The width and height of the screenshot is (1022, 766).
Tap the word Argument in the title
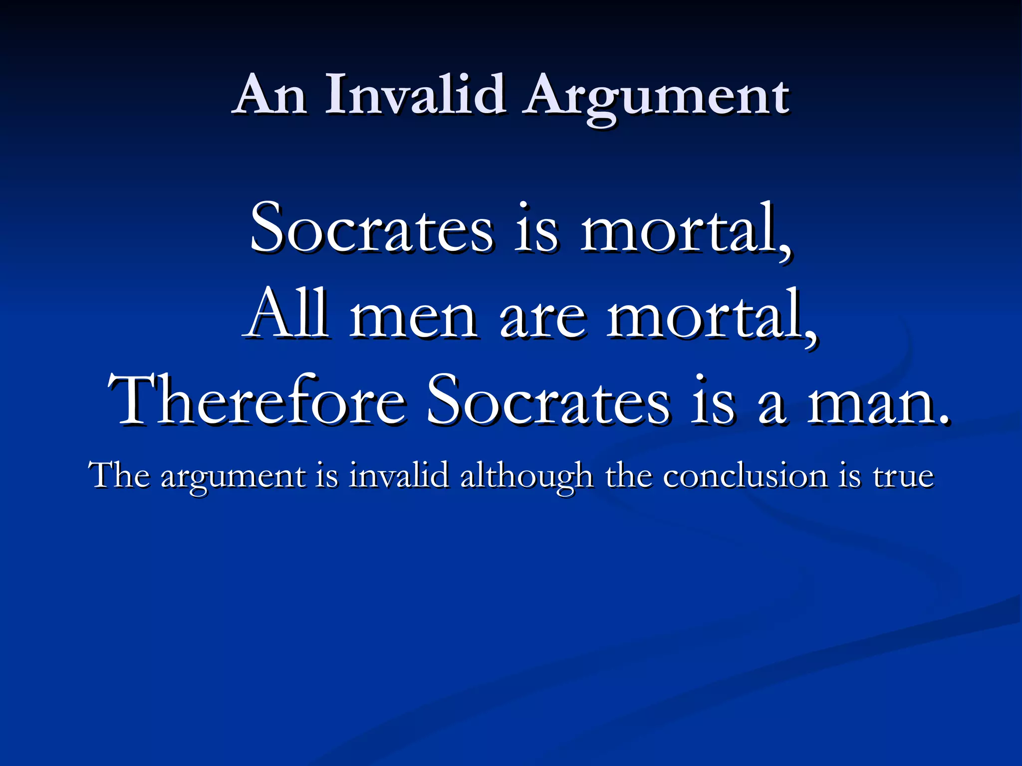pyautogui.click(x=658, y=97)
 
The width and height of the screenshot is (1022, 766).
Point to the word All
pyautogui.click(x=287, y=314)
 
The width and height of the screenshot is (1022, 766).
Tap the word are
pyautogui.click(x=542, y=319)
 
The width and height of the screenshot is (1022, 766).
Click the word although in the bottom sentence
pyautogui.click(x=526, y=476)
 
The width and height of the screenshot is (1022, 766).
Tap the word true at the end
pyautogui.click(x=903, y=476)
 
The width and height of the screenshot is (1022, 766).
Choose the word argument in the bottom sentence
pyautogui.click(x=233, y=478)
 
